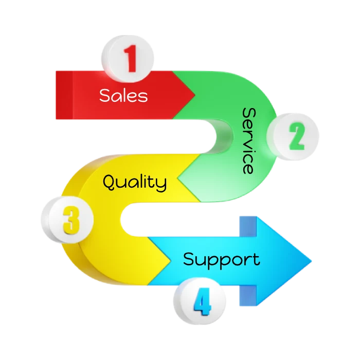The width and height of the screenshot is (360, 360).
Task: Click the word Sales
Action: (123, 95)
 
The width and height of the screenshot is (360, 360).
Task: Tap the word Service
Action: (248, 140)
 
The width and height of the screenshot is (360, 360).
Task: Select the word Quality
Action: (135, 182)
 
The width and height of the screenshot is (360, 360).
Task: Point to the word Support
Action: (221, 259)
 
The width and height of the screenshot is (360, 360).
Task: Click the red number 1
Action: (131, 59)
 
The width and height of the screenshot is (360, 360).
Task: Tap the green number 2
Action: (297, 137)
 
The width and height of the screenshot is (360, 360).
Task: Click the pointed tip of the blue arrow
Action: (312, 257)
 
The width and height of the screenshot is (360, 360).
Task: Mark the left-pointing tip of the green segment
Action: (178, 179)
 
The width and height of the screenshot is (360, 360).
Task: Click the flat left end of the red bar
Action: (56, 95)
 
